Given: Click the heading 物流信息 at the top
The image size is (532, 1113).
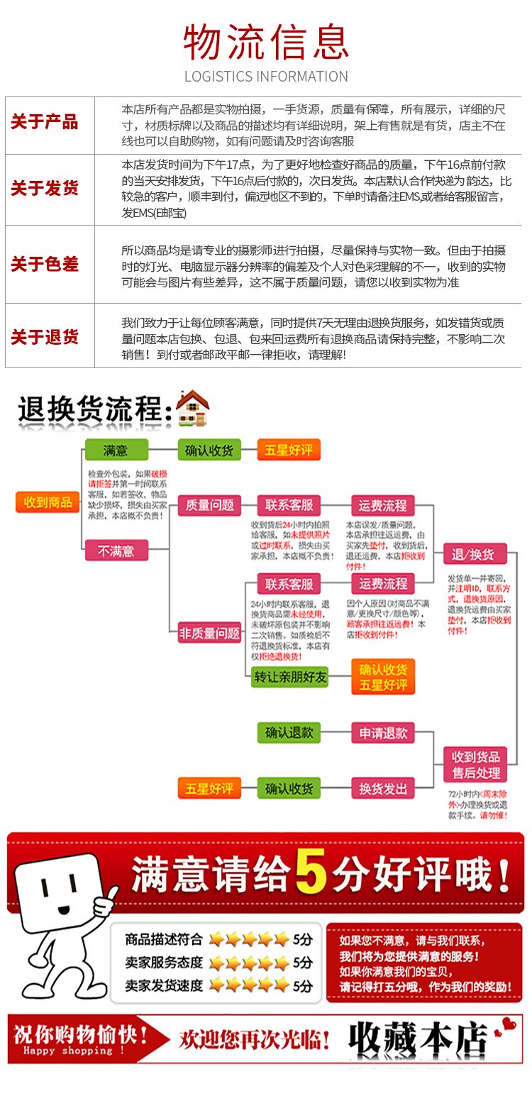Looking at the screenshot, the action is (266, 42).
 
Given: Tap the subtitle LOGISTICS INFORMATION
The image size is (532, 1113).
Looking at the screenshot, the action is (266, 77).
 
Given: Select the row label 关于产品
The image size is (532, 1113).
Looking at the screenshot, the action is (45, 122).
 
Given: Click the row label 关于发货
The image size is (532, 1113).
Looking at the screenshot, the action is (45, 189).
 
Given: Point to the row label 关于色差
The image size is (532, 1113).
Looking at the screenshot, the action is (45, 265).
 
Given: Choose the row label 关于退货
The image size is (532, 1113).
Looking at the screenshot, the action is (45, 337).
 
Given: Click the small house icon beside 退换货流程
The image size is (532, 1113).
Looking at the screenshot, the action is (192, 409).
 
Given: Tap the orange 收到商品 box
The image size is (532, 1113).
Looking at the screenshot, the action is (48, 502).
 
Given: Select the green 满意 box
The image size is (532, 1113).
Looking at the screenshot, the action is (116, 450).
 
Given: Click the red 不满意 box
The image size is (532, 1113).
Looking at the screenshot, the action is (116, 550).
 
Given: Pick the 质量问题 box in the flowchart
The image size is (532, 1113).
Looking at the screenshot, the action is (210, 505).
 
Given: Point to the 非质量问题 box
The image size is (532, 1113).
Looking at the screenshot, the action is (209, 633).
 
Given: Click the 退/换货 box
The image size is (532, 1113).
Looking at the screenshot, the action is (473, 554).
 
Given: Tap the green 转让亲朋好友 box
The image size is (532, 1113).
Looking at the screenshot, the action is (290, 677).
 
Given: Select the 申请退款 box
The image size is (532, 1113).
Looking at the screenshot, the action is (383, 733).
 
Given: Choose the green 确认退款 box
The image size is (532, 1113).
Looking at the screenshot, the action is (289, 733).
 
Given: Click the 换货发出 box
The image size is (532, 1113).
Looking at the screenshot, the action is (383, 788).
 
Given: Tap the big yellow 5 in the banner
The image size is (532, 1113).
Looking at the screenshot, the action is (311, 872).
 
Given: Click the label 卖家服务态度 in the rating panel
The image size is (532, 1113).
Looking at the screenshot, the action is (164, 963).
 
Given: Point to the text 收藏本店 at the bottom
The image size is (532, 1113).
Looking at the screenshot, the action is (417, 1040).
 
